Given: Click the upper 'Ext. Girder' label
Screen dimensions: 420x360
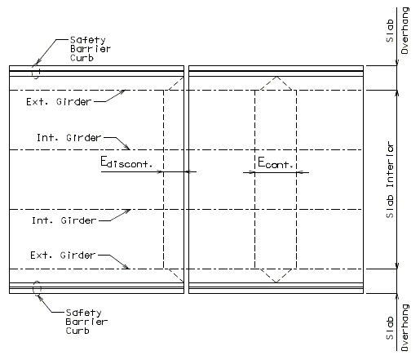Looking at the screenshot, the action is pos(59,102).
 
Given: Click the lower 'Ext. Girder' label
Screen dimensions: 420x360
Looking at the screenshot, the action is pos(63,256).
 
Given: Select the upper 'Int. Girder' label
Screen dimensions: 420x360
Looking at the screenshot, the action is pos(69,138).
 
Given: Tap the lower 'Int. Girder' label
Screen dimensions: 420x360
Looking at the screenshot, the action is pos(64,220).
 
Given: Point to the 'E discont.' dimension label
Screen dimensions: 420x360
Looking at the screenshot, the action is pos(126,162).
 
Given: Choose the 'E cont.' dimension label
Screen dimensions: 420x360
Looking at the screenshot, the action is pos(275,162).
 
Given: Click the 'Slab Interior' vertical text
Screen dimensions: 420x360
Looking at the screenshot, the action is pos(390,180).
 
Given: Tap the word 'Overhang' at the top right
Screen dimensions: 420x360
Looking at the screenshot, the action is pos(405,31).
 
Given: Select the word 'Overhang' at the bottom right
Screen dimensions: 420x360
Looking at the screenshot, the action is pos(405,327).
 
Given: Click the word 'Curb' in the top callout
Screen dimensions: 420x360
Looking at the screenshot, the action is pos(82,58).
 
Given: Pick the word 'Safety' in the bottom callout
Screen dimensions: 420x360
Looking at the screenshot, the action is pos(84,313).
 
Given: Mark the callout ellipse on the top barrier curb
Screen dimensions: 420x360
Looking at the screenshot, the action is pos(36,72).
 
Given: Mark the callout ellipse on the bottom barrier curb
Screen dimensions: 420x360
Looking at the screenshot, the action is pos(37,288).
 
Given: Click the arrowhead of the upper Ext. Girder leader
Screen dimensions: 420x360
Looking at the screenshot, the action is pos(122,91).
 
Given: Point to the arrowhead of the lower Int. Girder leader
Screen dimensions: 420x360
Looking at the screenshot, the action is pos(127,211).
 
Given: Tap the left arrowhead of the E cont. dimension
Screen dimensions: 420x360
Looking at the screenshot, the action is pos(252,172).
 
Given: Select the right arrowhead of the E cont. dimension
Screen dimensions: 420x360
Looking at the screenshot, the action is pos(300,172).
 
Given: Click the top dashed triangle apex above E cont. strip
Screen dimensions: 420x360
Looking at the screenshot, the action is pos(276,77).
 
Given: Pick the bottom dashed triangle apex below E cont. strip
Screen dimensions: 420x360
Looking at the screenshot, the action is pos(276,282).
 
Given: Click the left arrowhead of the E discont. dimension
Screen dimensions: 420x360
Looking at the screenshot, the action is pos(160,171).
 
